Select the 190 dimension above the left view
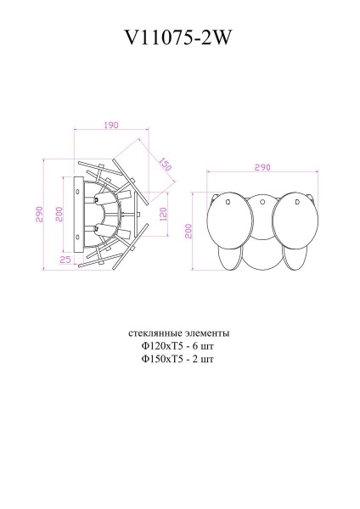(110, 126)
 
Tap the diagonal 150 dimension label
(164, 162)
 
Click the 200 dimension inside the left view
(59, 215)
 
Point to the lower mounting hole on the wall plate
(82, 234)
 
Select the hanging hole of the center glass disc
(263, 202)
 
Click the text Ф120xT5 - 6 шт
(178, 345)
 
